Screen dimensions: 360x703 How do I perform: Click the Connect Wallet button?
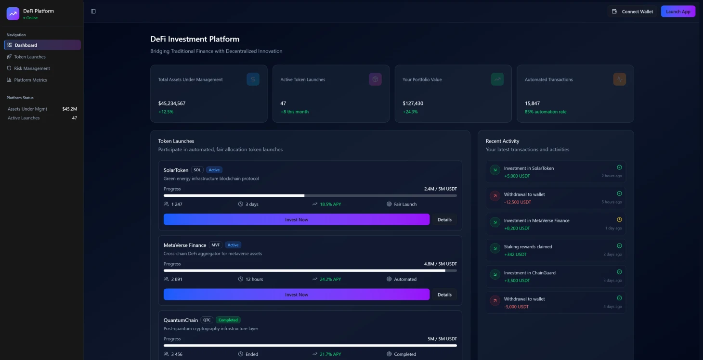pos(632,12)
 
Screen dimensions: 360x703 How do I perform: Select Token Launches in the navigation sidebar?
pos(30,57)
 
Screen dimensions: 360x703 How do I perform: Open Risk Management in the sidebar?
pos(32,68)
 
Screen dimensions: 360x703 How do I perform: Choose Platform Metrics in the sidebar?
pos(30,80)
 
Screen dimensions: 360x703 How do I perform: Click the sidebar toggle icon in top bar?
pos(93,12)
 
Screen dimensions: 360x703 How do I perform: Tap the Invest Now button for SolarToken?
pos(296,219)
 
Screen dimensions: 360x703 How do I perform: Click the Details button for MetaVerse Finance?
pos(444,295)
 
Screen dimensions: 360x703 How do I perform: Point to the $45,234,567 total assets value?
pos(172,103)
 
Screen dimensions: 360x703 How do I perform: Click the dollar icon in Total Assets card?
pos(253,79)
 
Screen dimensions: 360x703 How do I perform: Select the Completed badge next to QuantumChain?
pos(228,320)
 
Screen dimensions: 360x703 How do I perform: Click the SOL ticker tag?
pos(197,170)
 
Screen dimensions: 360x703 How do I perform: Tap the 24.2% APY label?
pos(330,279)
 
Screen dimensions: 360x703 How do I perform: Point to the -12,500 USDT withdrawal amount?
pos(517,202)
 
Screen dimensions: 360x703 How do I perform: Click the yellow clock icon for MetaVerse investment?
pos(619,219)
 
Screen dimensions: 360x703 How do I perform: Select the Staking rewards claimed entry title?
pos(528,246)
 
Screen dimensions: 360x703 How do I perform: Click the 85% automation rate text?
pos(546,112)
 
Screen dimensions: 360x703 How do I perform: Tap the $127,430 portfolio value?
pos(413,103)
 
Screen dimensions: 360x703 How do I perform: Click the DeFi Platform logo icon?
pos(13,14)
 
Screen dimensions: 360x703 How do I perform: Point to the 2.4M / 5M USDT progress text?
pos(440,189)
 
